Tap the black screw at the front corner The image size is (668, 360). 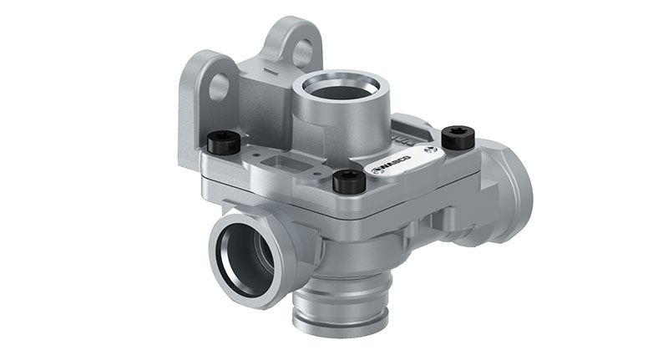348,180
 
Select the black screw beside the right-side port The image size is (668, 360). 457,135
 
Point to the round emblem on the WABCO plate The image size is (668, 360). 428,150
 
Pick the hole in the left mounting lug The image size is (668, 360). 219,85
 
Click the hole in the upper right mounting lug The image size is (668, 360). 302,52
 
